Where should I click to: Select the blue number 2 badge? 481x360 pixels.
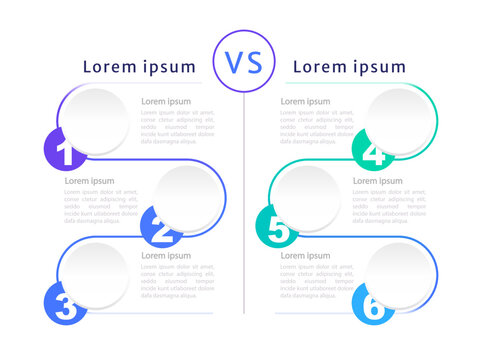[160, 230]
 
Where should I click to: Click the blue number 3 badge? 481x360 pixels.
[65, 304]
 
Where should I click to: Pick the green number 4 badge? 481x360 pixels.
[371, 150]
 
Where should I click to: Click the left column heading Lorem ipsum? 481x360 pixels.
[139, 67]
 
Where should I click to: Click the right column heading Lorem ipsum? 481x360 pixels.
[348, 67]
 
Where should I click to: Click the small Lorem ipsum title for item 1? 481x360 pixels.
[165, 101]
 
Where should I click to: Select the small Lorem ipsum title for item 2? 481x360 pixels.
[89, 181]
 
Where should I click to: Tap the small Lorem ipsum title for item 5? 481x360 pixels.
[377, 181]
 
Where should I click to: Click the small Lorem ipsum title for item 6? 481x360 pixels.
[305, 255]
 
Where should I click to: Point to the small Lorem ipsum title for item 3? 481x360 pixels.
[165, 255]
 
